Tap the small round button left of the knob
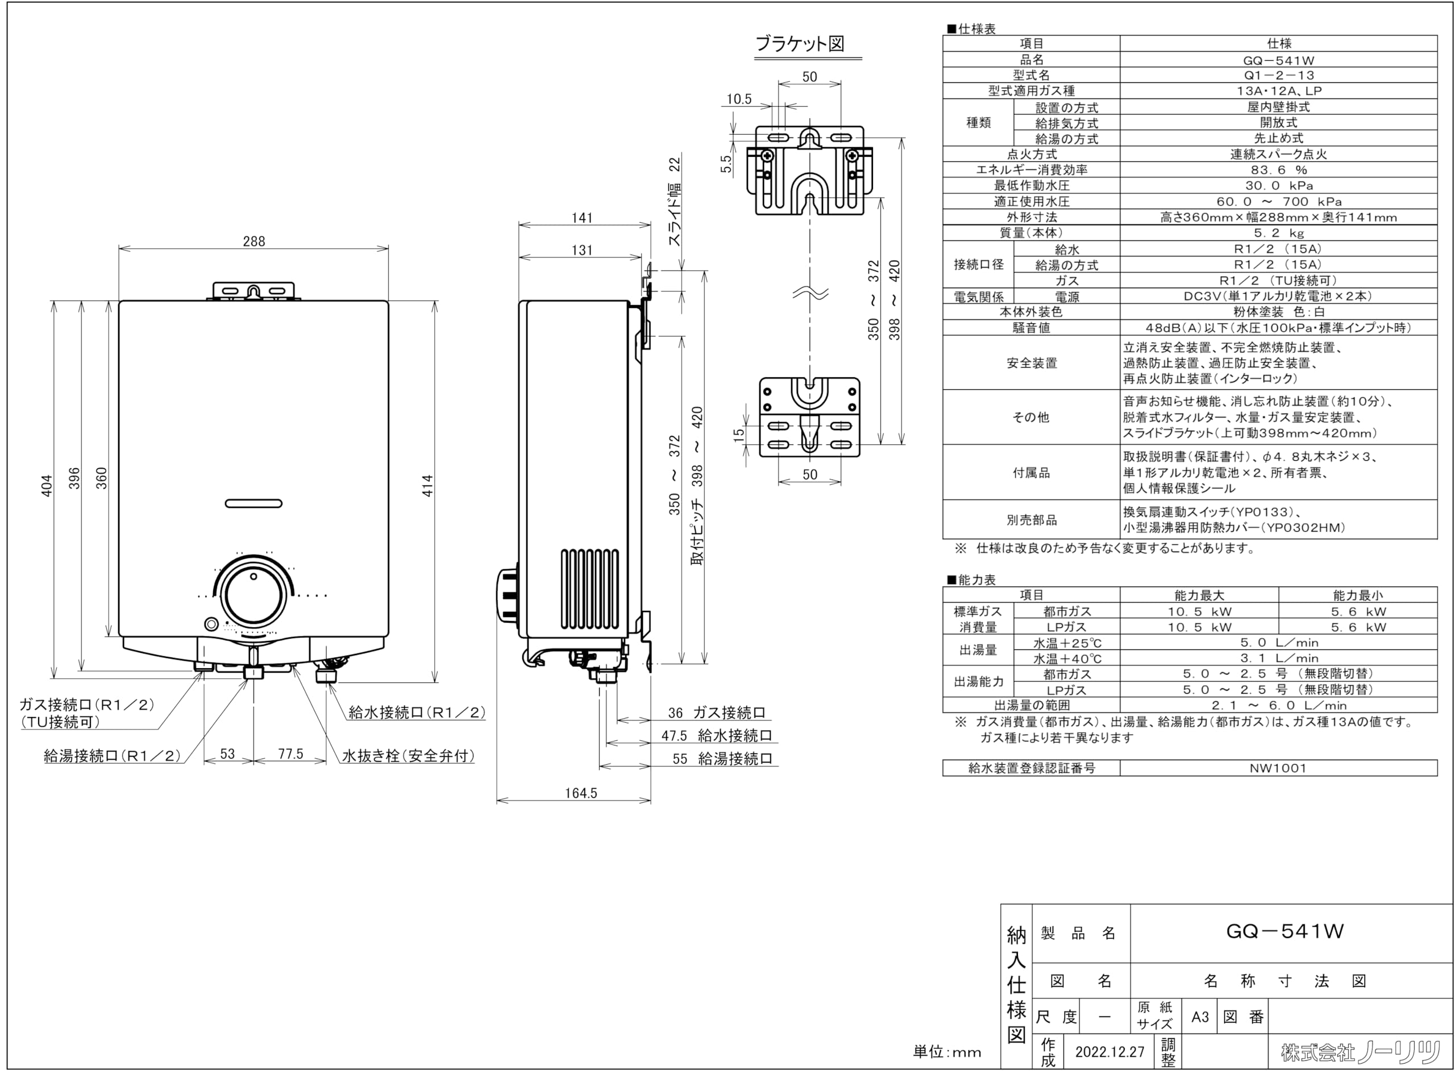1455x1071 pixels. point(210,624)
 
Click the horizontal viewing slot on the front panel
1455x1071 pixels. point(253,503)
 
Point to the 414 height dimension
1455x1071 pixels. point(428,486)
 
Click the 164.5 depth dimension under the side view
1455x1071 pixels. point(580,793)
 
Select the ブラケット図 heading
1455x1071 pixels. point(800,44)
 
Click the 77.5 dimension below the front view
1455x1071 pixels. point(290,754)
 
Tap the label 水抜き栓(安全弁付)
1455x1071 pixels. point(409,756)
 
